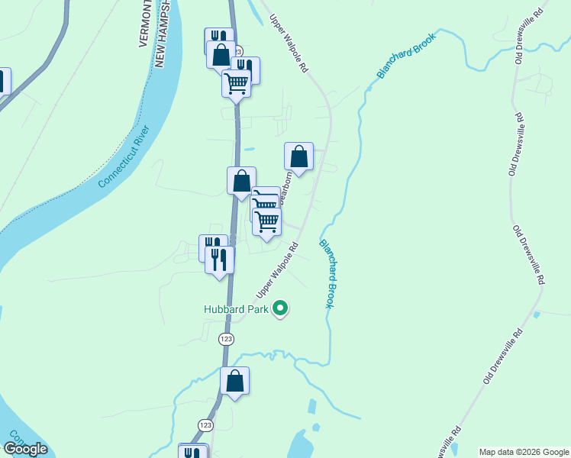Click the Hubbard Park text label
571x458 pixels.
click(237, 309)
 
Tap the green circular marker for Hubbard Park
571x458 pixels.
click(281, 309)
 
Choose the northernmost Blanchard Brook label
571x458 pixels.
click(405, 55)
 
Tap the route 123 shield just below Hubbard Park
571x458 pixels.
click(226, 338)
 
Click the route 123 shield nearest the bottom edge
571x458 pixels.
click(205, 424)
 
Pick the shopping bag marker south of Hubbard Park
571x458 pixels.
click(235, 381)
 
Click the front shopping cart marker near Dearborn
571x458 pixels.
click(267, 221)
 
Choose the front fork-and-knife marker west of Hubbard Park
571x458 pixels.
click(220, 260)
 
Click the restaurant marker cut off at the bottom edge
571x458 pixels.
click(193, 451)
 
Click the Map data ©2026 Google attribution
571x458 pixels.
click(523, 452)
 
